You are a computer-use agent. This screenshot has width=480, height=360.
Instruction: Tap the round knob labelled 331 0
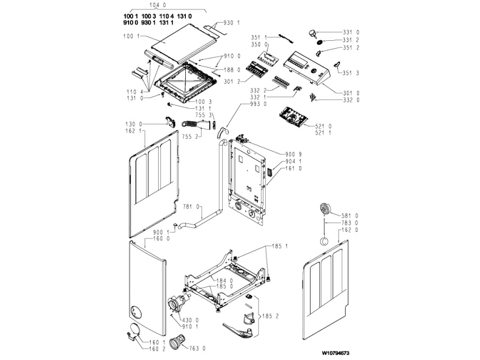[313, 34]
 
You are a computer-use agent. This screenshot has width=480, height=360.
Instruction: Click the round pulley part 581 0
[327, 208]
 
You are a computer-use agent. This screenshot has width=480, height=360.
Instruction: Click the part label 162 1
[131, 131]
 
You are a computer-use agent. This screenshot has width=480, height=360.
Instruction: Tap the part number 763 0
[196, 348]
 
